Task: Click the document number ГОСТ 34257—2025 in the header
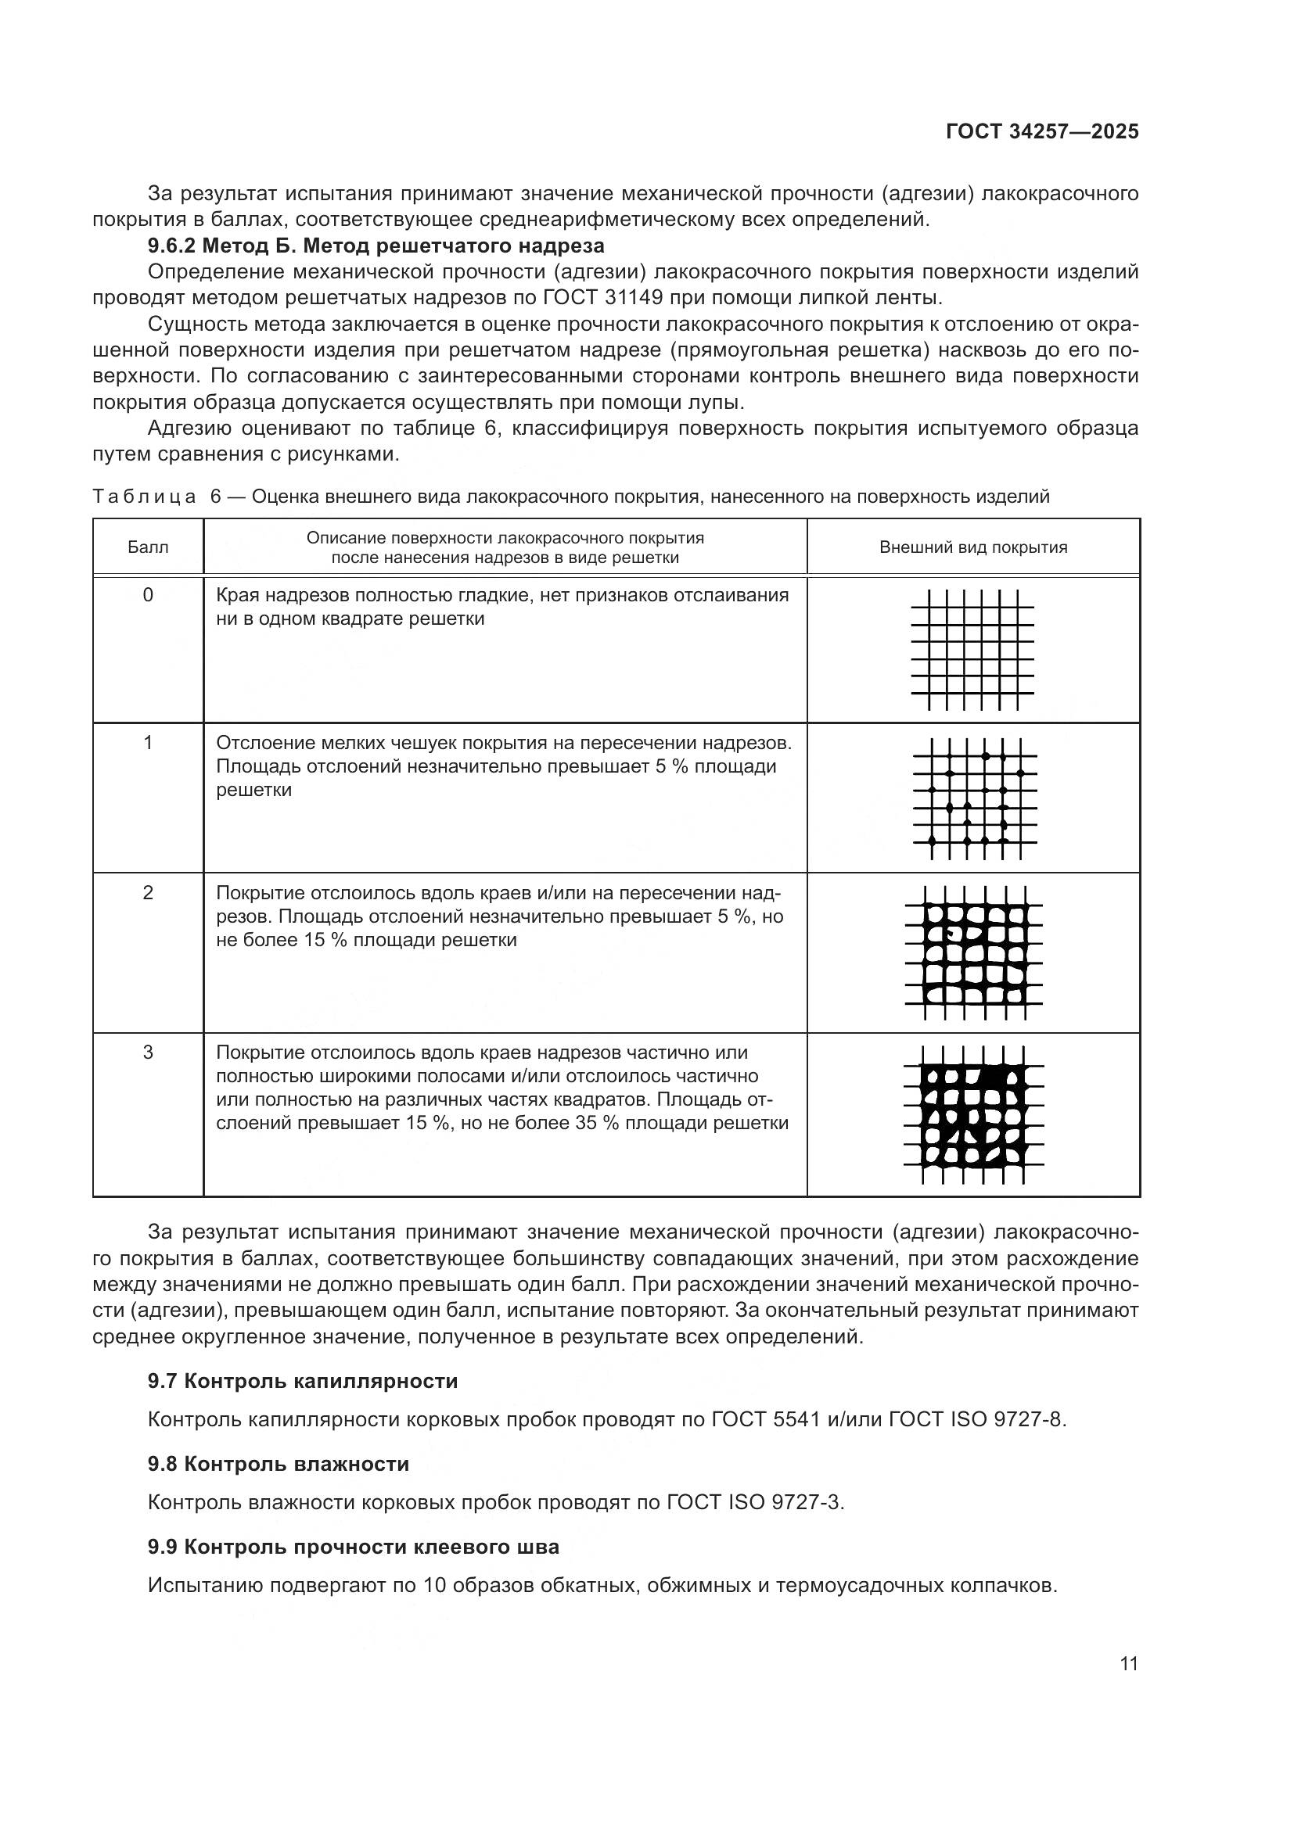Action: [1042, 132]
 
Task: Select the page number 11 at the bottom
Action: [1128, 1664]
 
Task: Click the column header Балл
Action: [147, 547]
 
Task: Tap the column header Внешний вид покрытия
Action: [973, 547]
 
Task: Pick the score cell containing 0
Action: [147, 595]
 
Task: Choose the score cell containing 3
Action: [147, 1053]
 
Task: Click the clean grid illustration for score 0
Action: [973, 650]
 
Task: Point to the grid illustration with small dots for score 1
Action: [974, 798]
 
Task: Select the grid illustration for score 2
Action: [974, 952]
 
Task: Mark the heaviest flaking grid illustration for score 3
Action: [974, 1114]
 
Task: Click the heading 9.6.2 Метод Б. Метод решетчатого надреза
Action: [376, 246]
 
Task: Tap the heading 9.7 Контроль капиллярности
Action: [303, 1380]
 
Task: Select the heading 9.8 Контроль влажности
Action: [278, 1463]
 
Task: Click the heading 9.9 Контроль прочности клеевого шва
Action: [353, 1546]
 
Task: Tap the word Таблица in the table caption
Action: [144, 497]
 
